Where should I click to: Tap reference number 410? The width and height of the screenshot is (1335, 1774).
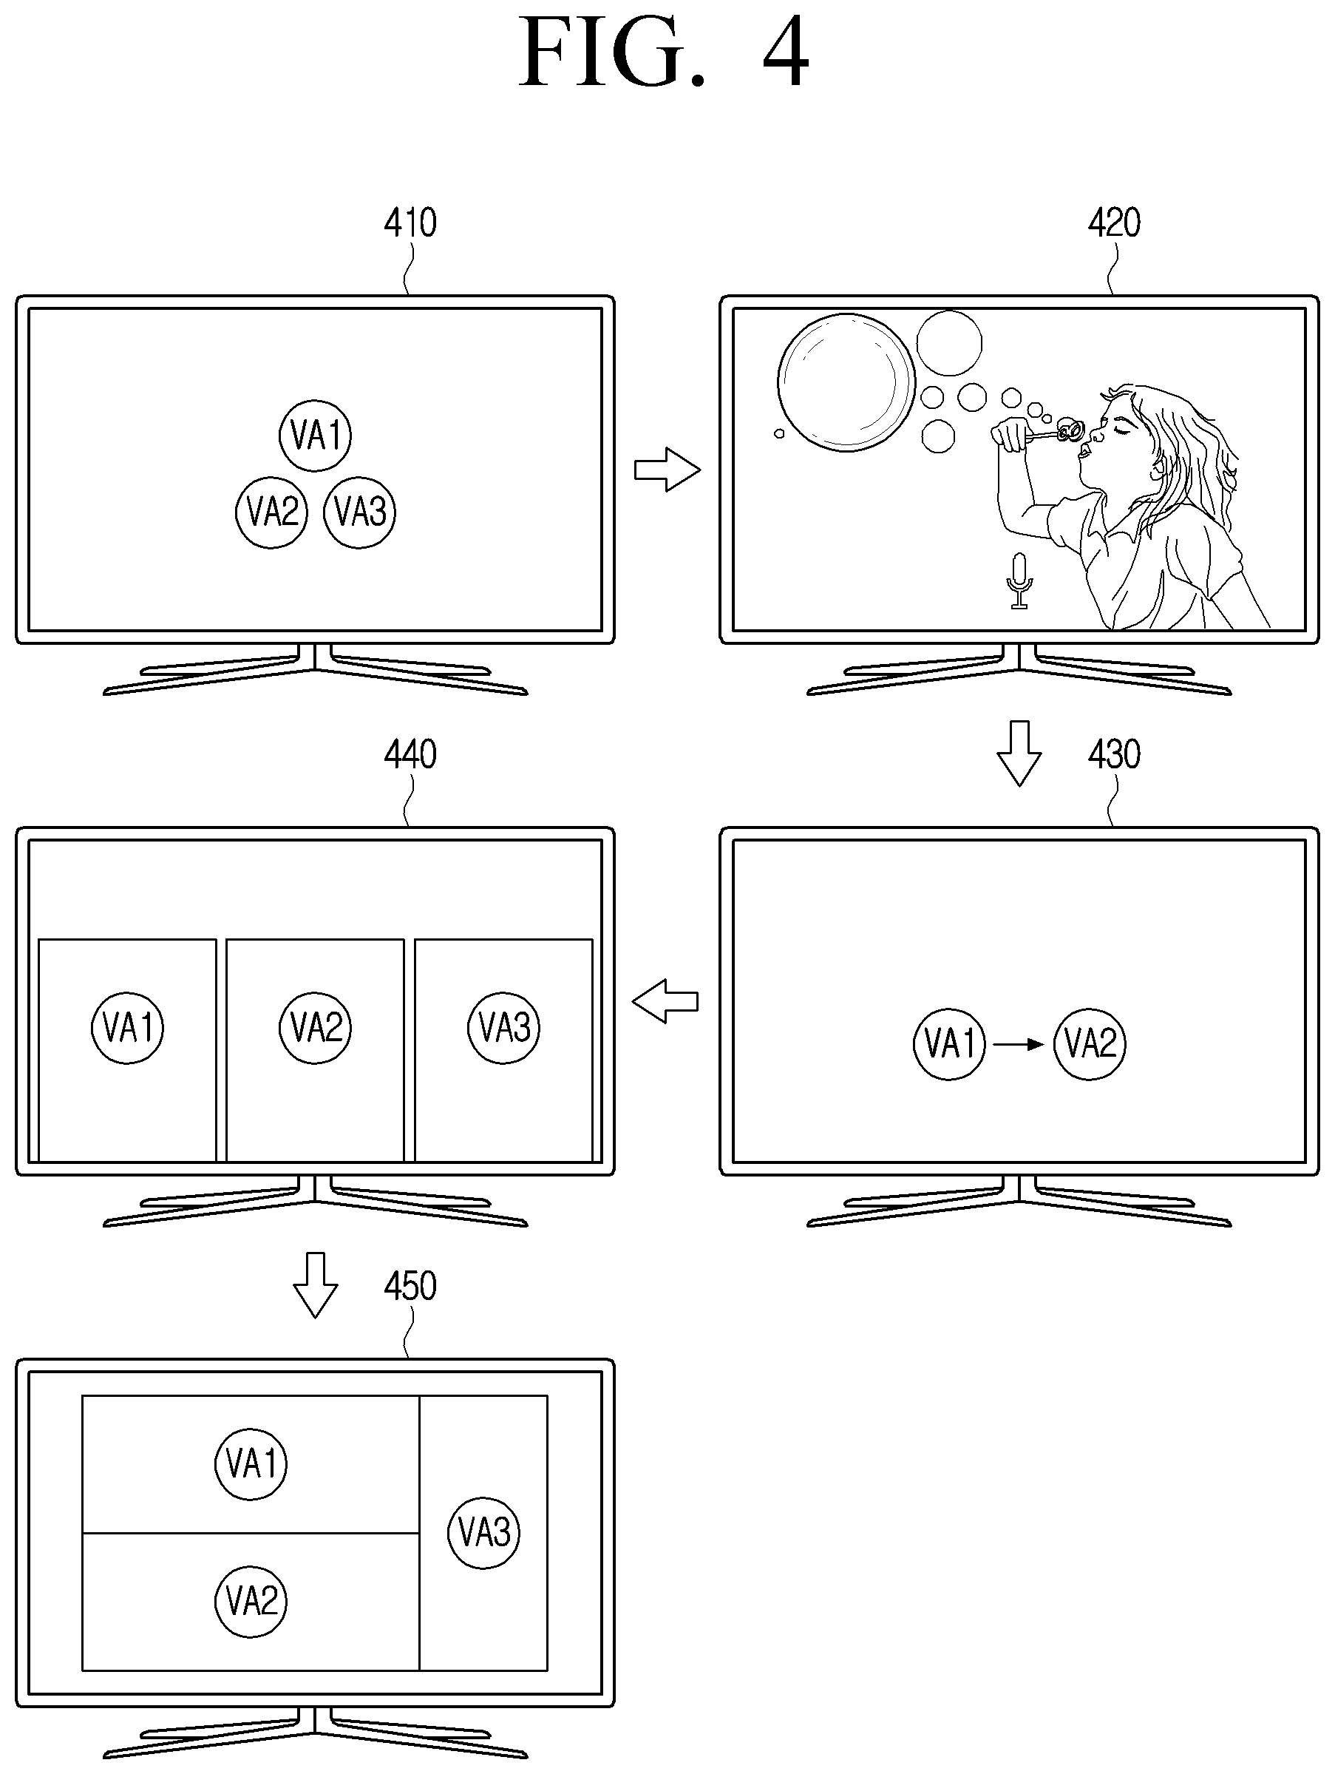point(410,223)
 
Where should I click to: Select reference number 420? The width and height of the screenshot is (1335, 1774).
point(1114,223)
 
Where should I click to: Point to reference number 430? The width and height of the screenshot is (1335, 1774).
point(1114,755)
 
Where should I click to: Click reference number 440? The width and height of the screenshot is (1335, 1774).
point(410,755)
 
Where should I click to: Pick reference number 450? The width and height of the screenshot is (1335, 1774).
point(410,1287)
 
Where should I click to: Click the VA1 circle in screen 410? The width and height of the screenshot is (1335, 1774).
point(315,436)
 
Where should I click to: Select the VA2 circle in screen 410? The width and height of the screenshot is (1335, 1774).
point(272,512)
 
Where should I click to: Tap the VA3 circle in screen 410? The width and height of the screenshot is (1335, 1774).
point(360,512)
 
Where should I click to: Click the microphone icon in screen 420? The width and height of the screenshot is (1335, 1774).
point(1019,580)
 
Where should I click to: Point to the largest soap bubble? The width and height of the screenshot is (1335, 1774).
point(846,382)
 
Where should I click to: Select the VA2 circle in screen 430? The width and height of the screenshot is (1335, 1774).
point(1090,1044)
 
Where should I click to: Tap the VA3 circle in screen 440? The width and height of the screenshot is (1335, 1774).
point(503,1027)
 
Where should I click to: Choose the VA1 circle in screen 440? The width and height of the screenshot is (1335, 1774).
point(127,1027)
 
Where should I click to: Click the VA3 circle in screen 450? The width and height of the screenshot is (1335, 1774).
point(483,1533)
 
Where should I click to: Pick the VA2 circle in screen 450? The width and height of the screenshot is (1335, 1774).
point(251,1601)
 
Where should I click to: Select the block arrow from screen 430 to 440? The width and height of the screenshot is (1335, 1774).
point(665,1001)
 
